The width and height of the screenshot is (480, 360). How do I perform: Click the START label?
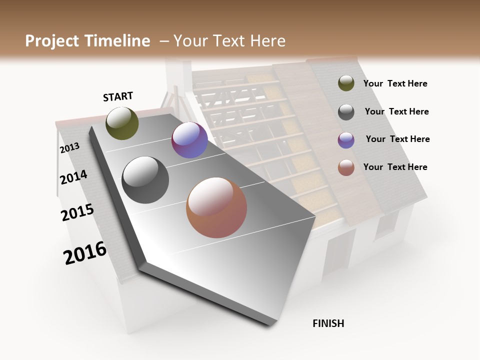tap(118, 96)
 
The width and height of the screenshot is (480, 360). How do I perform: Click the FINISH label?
tap(328, 323)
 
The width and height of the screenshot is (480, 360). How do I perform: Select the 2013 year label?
tap(69, 148)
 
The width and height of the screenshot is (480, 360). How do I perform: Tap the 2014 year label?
tap(73, 177)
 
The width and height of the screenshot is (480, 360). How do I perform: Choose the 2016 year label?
tap(85, 253)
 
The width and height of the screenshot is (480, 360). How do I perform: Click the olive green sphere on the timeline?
tap(122, 123)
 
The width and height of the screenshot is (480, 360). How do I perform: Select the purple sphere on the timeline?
tap(189, 140)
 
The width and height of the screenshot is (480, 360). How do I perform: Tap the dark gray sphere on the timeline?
tap(145, 180)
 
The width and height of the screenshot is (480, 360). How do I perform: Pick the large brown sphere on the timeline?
tap(216, 207)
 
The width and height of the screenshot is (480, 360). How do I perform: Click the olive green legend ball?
tap(346, 83)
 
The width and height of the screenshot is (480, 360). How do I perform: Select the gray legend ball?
tap(346, 111)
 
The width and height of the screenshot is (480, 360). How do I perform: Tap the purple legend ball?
tap(346, 140)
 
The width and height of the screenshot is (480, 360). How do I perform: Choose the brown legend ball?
tap(346, 167)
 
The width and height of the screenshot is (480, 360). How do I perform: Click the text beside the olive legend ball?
tap(395, 83)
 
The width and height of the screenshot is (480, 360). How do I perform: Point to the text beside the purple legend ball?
tap(397, 139)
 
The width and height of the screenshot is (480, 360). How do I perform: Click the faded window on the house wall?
tap(386, 223)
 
